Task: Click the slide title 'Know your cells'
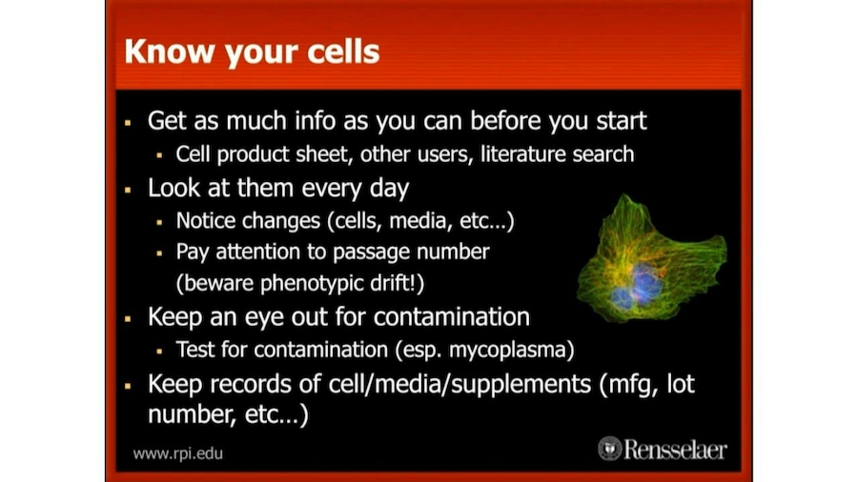(252, 51)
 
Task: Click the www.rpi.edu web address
(178, 452)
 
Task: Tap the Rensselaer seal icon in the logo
(610, 449)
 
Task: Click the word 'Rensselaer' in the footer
(675, 449)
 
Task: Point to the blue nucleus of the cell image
(644, 283)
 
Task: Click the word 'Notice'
(206, 220)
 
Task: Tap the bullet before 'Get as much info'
(128, 123)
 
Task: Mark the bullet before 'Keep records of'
(128, 387)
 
